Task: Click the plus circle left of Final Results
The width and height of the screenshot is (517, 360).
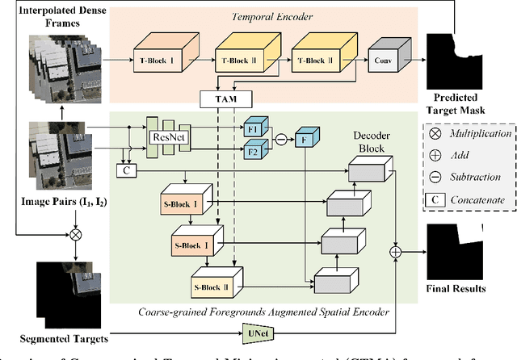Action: (397, 253)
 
